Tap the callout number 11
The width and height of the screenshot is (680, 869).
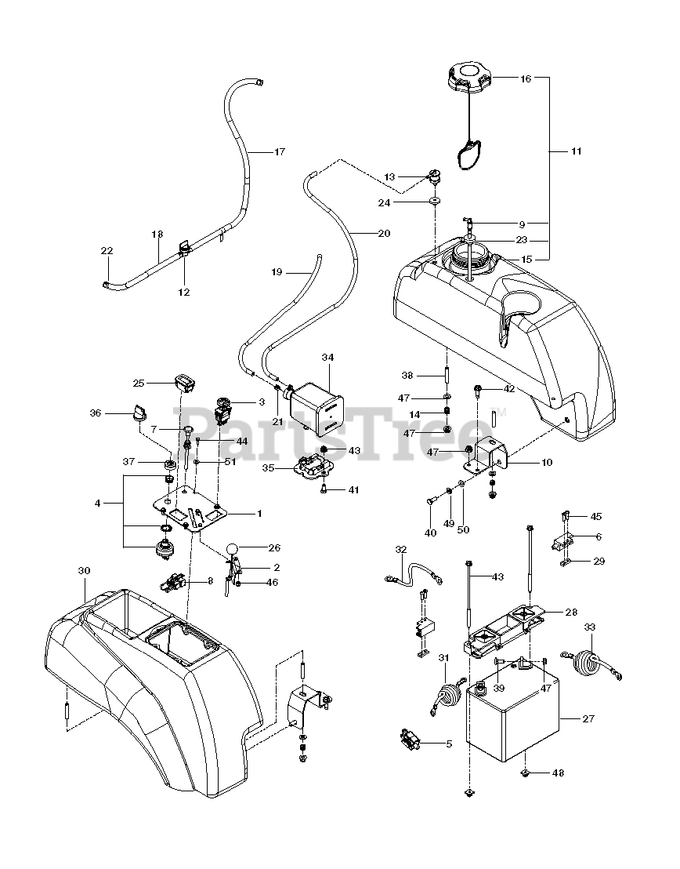tap(576, 151)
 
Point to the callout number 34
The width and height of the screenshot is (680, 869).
tap(327, 357)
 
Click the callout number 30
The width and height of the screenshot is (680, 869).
tap(85, 572)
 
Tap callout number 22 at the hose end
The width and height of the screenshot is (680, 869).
tap(107, 250)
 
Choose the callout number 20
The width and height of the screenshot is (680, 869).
tap(383, 233)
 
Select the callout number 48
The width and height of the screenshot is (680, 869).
tap(558, 773)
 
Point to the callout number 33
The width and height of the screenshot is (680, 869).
tap(590, 627)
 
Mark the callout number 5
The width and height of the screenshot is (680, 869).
tap(449, 744)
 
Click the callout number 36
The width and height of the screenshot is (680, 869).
tap(118, 413)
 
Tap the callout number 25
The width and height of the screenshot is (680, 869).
tap(139, 383)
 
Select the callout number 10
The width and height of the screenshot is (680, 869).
tap(546, 463)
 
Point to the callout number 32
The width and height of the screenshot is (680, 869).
tap(401, 549)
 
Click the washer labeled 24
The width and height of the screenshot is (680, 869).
tap(432, 202)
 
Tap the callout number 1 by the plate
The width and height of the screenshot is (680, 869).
tap(260, 513)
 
